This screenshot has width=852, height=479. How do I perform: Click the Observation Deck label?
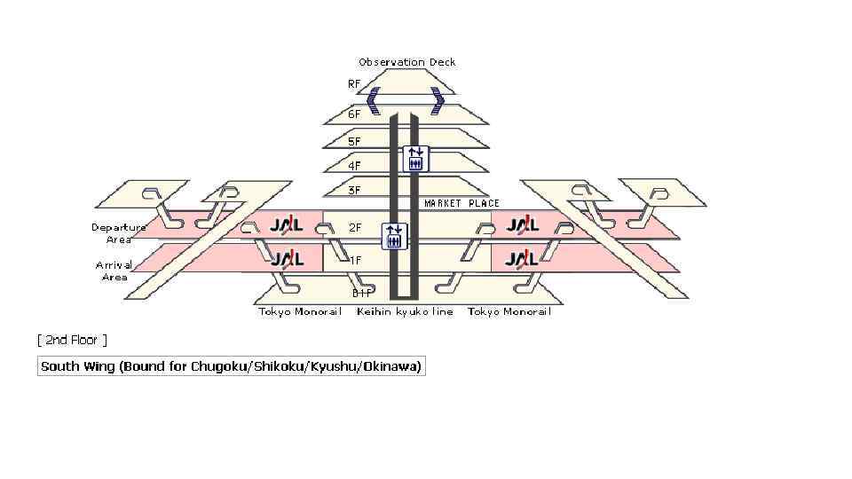tap(407, 62)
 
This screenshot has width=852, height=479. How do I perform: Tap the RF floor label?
tap(354, 84)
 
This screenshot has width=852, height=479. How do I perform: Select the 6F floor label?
tap(354, 114)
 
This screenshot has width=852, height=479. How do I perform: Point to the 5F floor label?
tap(354, 141)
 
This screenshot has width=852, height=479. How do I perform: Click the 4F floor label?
tap(354, 165)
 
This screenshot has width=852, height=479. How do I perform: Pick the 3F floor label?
tap(354, 190)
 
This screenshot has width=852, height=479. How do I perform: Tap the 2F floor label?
tap(355, 228)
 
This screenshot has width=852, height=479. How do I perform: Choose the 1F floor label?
tap(355, 260)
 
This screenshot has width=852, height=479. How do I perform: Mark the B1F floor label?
tap(361, 293)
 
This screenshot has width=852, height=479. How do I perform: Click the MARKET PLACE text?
tap(461, 203)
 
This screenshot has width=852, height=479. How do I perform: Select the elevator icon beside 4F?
tap(415, 159)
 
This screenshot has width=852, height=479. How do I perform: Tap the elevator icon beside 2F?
tap(394, 236)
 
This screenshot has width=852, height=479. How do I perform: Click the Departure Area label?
tap(119, 233)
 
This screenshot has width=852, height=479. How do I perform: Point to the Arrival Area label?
tap(114, 271)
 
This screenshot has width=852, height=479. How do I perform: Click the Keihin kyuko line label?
tap(405, 311)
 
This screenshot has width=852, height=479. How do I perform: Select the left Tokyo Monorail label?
tap(300, 311)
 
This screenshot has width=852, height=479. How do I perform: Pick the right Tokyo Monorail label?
tap(509, 311)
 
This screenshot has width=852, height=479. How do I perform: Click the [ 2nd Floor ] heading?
tap(72, 340)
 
